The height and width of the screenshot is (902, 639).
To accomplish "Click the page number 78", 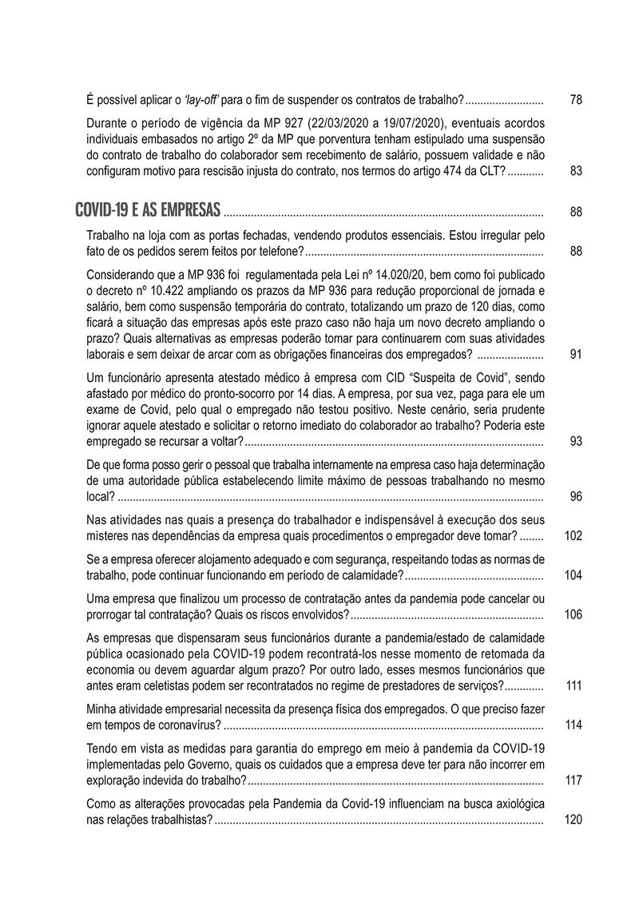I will [577, 101].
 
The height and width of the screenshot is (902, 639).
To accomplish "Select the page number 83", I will [577, 172].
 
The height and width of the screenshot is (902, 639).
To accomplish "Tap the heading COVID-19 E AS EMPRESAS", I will [148, 211].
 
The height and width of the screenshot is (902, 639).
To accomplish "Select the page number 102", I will [574, 536].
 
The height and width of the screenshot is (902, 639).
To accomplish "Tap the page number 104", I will [574, 575].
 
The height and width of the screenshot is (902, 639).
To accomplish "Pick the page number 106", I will [574, 614].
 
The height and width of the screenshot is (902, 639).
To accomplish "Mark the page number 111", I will [574, 686].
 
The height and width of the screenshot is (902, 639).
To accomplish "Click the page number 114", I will [574, 725].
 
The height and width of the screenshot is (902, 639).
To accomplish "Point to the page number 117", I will [574, 781].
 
